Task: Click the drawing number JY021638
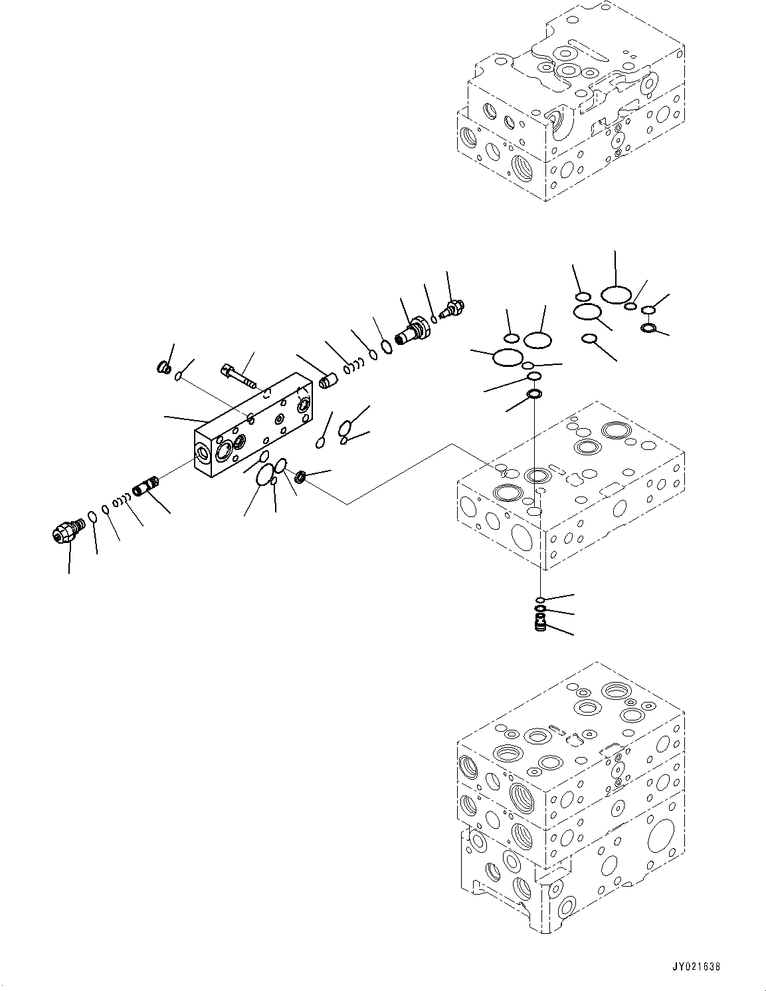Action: [692, 966]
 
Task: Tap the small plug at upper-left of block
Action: [163, 368]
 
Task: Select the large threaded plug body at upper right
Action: [412, 330]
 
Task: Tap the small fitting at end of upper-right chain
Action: [453, 308]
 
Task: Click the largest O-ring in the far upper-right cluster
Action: [615, 294]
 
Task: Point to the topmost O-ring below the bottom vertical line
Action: [541, 600]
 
